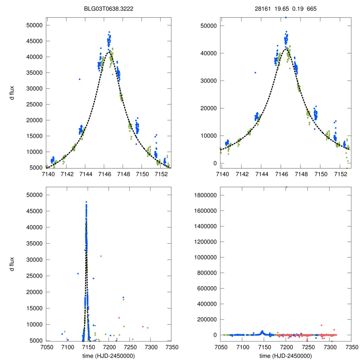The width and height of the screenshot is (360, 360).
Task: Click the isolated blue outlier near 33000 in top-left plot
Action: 79,79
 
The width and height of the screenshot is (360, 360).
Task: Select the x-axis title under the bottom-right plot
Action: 285,356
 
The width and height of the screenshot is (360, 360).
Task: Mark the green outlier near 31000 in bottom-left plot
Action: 101,256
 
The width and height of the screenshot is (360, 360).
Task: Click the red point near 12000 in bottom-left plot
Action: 119,318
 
